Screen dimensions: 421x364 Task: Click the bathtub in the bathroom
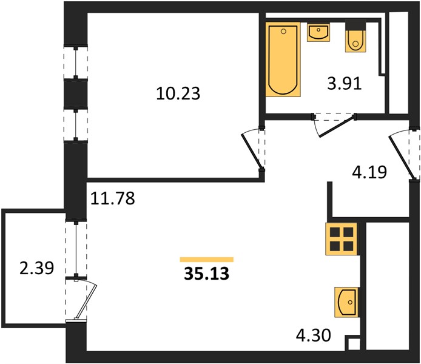pyautogui.click(x=283, y=59)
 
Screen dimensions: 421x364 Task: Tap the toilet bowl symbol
pyautogui.click(x=355, y=41)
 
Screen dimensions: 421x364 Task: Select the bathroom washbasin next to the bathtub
pyautogui.click(x=318, y=32)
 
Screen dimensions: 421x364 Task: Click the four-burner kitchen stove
pyautogui.click(x=342, y=239)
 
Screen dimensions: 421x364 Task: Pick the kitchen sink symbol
pyautogui.click(x=346, y=302)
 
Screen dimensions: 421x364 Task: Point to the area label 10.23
pyautogui.click(x=178, y=93)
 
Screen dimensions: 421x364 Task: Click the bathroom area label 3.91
pyautogui.click(x=345, y=83)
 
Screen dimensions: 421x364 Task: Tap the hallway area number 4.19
pyautogui.click(x=369, y=172)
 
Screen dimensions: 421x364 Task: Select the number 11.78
pyautogui.click(x=112, y=198)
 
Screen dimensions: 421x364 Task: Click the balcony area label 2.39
pyautogui.click(x=37, y=268)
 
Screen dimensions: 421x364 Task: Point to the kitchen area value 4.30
pyautogui.click(x=314, y=335)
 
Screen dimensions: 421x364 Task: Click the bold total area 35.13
pyautogui.click(x=206, y=274)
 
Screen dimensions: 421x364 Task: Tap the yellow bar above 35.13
pyautogui.click(x=206, y=259)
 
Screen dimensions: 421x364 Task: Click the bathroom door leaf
pyautogui.click(x=336, y=126)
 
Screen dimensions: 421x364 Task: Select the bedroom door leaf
pyautogui.click(x=251, y=150)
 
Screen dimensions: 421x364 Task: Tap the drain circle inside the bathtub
pyautogui.click(x=283, y=32)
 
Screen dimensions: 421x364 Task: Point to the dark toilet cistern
pyautogui.click(x=355, y=25)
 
